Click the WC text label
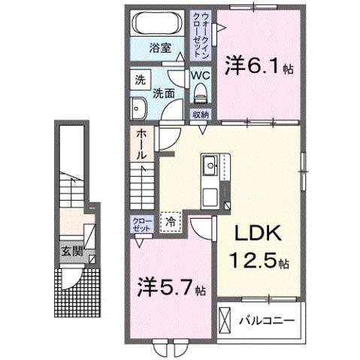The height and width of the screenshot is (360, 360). click(x=199, y=75)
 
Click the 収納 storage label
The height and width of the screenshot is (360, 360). click(x=200, y=115)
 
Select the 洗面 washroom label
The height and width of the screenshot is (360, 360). click(x=165, y=94)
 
